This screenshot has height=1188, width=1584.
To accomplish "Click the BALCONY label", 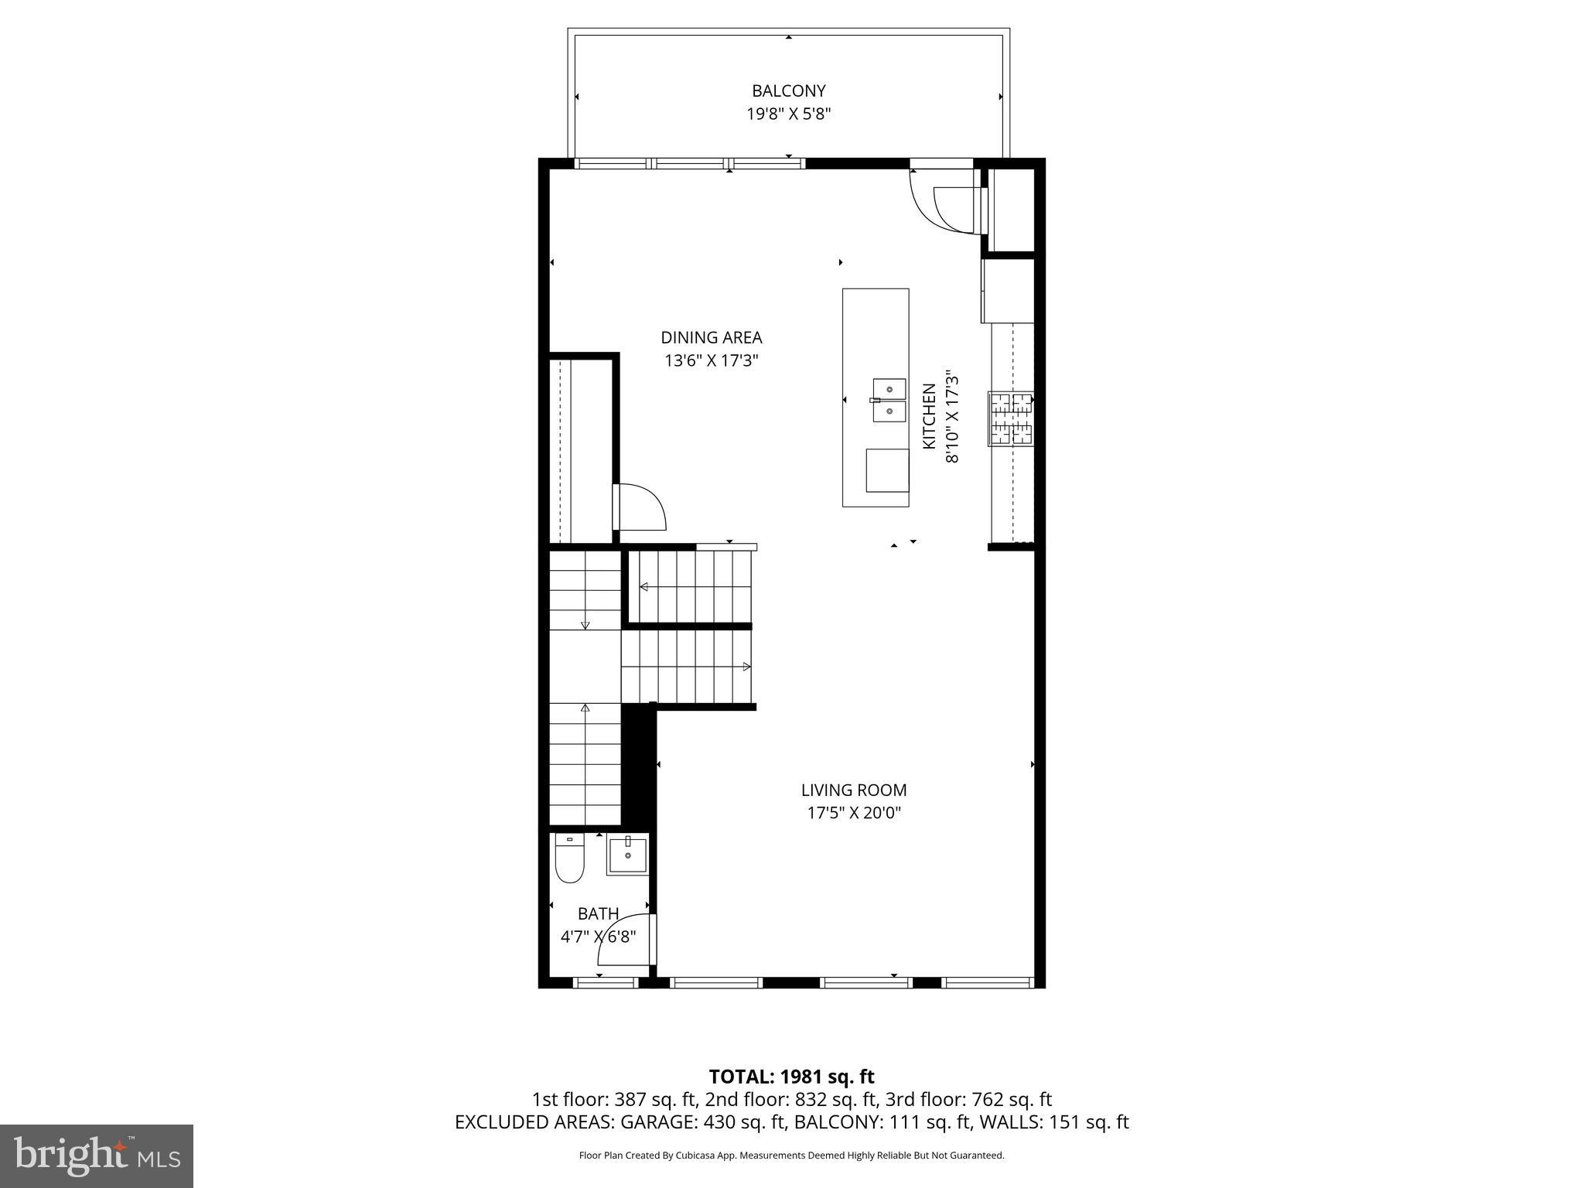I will (788, 91).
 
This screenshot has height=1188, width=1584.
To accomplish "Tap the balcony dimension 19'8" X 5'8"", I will (788, 114).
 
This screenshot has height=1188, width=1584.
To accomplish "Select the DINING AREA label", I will (711, 337).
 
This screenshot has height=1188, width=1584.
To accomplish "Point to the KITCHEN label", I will (930, 416).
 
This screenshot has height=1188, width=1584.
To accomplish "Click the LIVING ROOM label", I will (854, 790).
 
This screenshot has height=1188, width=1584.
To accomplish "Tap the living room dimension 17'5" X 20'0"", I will (854, 813).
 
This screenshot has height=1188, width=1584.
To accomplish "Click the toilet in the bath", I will (570, 859).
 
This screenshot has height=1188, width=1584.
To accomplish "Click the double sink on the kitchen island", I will (889, 400).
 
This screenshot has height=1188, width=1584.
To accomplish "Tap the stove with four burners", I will (1011, 418).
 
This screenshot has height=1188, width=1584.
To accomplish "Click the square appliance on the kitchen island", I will (887, 469).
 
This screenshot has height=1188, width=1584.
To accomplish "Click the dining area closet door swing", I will (640, 507).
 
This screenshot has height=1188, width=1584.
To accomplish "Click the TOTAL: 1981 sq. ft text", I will (791, 1077).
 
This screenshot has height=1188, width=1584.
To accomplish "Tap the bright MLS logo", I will (97, 1156).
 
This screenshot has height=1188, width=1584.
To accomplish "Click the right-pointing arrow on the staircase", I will (746, 667).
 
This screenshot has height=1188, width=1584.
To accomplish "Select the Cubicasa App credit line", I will (791, 1156).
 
